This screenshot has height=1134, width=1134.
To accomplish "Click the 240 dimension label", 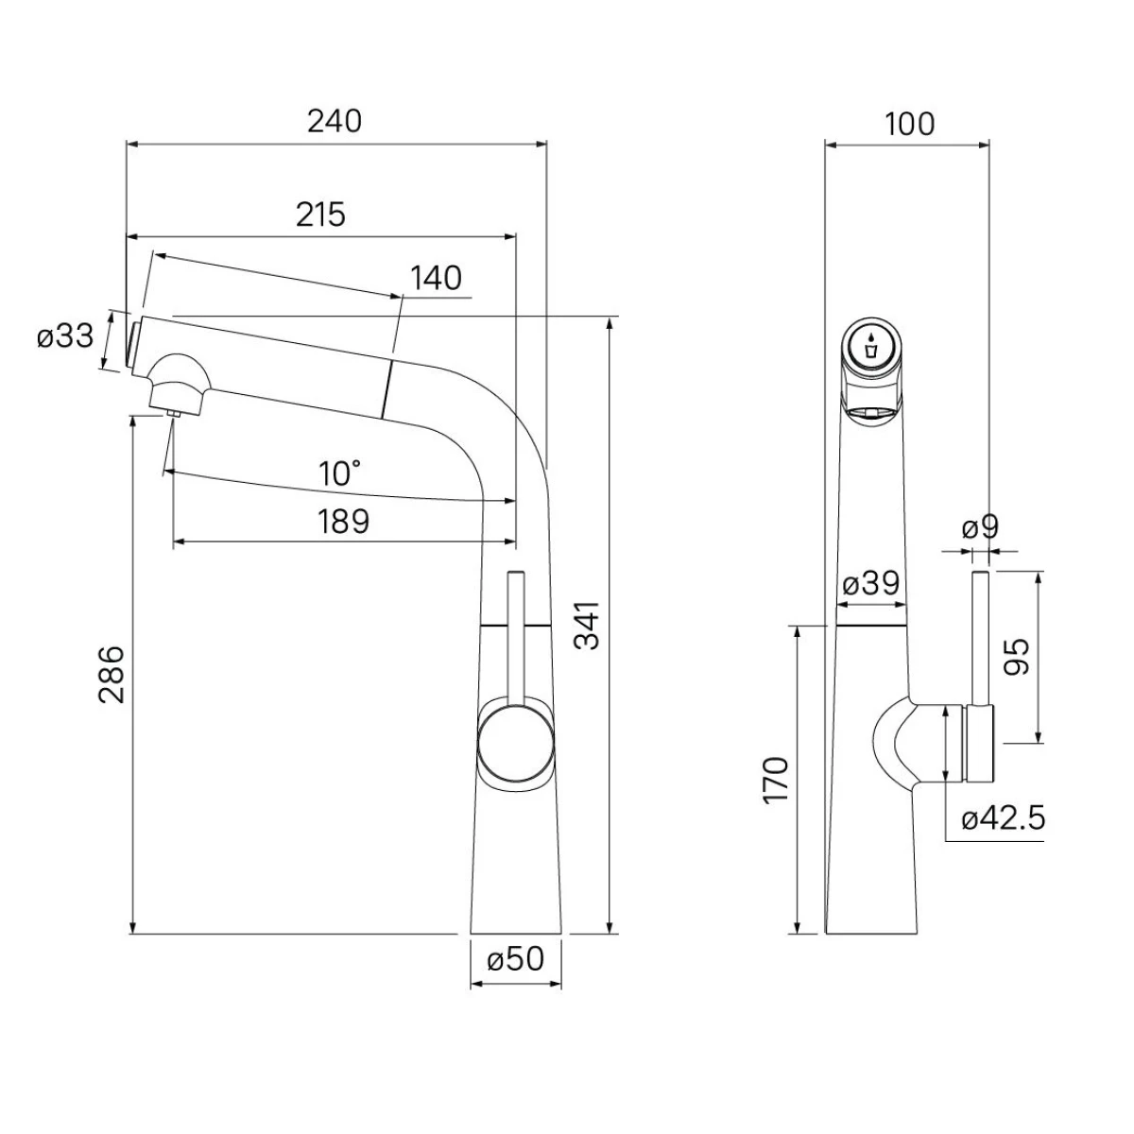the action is tap(335, 122).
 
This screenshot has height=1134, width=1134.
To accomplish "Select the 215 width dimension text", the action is tap(320, 215).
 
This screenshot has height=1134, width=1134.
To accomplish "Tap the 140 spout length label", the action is tap(436, 279).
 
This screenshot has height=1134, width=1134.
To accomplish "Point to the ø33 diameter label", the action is tap(65, 337).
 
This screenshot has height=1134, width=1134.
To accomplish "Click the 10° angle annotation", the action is tap(339, 473).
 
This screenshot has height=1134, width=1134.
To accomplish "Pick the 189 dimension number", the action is tap(344, 522).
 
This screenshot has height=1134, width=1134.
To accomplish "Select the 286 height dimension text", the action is tap(112, 675).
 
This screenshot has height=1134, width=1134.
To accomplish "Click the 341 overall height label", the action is tap(587, 625).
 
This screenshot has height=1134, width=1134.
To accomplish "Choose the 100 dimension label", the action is tap(910, 124).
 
